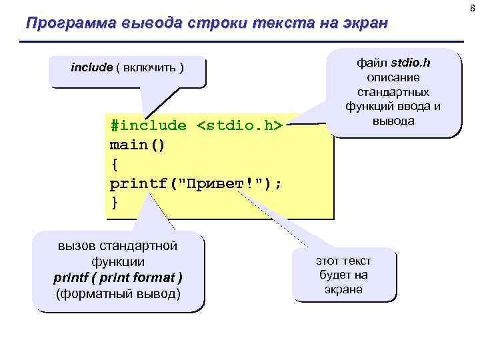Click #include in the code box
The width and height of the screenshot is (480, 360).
pyautogui.click(x=149, y=125)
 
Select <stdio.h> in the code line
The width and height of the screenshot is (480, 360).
pyautogui.click(x=241, y=125)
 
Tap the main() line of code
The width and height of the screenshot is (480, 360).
pyautogui.click(x=137, y=145)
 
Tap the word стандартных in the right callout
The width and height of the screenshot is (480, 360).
pyautogui.click(x=393, y=92)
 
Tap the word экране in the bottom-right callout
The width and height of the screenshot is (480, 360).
pyautogui.click(x=343, y=290)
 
